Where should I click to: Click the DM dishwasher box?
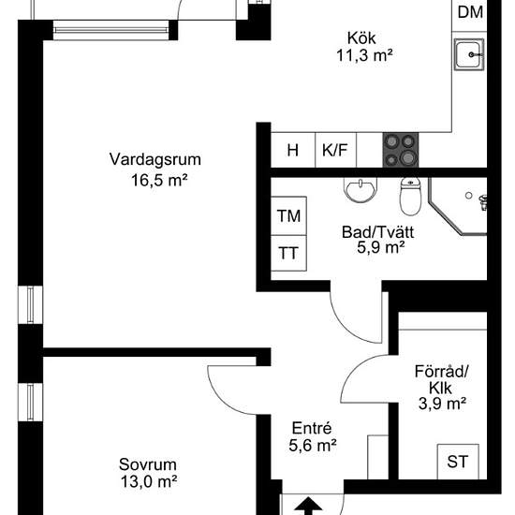(471, 12)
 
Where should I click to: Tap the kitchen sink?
(470, 56)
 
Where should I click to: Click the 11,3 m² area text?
(363, 55)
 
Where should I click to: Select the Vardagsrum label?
(154, 158)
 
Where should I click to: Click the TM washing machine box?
(289, 216)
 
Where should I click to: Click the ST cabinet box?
(458, 461)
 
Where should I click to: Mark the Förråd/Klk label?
(442, 379)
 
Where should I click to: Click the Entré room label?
(313, 429)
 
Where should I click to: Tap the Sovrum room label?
(148, 464)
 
